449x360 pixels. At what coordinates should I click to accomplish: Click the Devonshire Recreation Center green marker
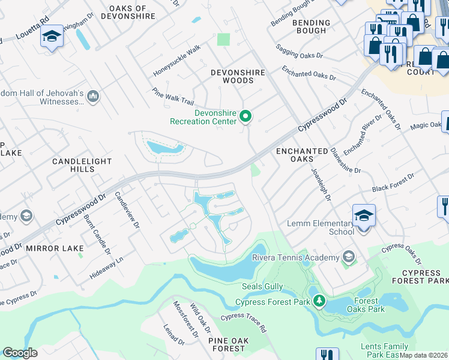point(245,116)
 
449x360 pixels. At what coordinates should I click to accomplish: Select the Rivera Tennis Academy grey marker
point(348,257)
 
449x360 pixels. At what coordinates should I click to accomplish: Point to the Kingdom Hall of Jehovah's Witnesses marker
point(93,96)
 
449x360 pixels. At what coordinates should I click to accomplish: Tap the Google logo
point(20,353)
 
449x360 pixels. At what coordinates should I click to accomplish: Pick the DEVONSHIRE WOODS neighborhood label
point(238,76)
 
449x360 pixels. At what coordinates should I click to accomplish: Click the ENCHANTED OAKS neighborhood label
point(302,155)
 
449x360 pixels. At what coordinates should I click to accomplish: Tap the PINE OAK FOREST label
point(228,344)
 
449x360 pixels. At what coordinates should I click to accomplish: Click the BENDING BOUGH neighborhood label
point(311,27)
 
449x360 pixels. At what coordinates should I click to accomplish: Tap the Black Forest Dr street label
point(393,183)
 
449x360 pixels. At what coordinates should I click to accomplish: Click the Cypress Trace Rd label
point(243,323)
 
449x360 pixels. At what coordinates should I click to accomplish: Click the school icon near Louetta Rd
point(52,37)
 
